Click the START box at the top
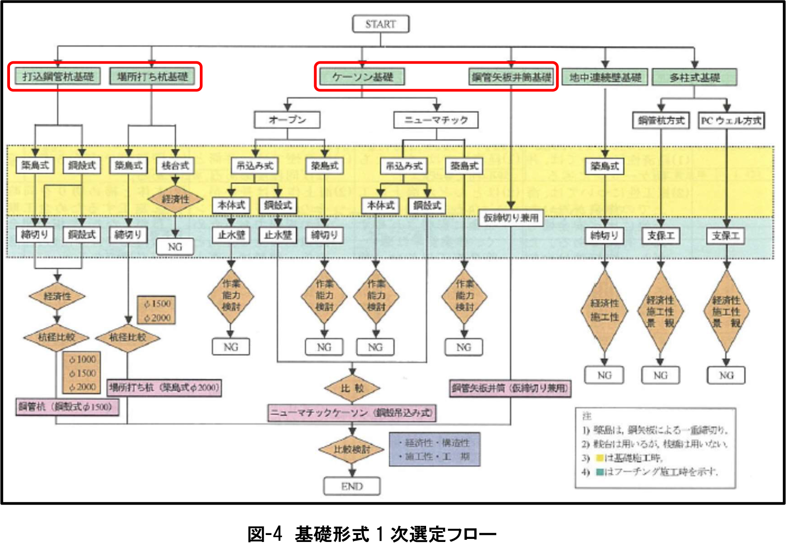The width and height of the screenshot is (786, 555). [x=380, y=24]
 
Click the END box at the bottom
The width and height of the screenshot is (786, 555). [x=352, y=486]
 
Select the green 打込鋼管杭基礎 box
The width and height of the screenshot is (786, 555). [x=58, y=77]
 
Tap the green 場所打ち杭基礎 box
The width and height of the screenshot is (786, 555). [x=152, y=77]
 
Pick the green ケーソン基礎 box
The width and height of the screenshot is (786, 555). [x=363, y=77]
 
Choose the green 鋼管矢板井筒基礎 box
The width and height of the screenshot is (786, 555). [x=511, y=77]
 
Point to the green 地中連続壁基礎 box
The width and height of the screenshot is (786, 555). [x=605, y=77]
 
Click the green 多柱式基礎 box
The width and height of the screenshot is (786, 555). [x=695, y=77]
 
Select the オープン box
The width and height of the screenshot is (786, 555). [x=287, y=120]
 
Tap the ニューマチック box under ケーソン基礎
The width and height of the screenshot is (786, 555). [x=436, y=120]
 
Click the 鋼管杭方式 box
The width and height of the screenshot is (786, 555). [x=661, y=120]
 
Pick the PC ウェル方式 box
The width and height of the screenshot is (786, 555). [x=731, y=120]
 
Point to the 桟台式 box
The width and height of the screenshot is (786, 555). [x=175, y=165]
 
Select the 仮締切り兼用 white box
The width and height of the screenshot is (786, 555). [x=511, y=217]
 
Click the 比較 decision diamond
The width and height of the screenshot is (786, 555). [x=352, y=388]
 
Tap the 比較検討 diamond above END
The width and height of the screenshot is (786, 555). [x=352, y=449]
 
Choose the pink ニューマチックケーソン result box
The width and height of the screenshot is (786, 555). [x=352, y=412]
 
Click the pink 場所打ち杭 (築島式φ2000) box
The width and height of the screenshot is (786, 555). [x=164, y=387]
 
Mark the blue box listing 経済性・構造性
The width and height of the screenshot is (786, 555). [x=434, y=449]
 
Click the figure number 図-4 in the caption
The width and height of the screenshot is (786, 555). [x=265, y=534]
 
